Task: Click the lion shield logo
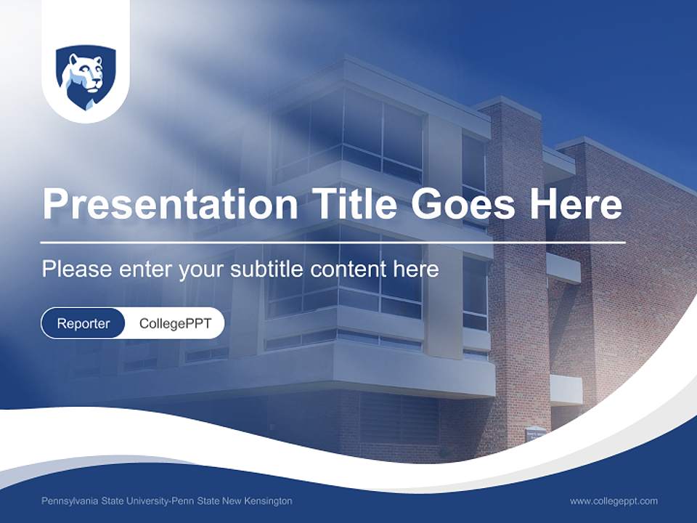pos(86,77)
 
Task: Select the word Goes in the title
pos(462,204)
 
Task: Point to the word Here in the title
pos(576,204)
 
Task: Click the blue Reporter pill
pos(83,323)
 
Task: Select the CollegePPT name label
pos(175,323)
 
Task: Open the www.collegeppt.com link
pos(614,501)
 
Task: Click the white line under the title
pos(333,242)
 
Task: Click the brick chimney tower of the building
pos(518,276)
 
